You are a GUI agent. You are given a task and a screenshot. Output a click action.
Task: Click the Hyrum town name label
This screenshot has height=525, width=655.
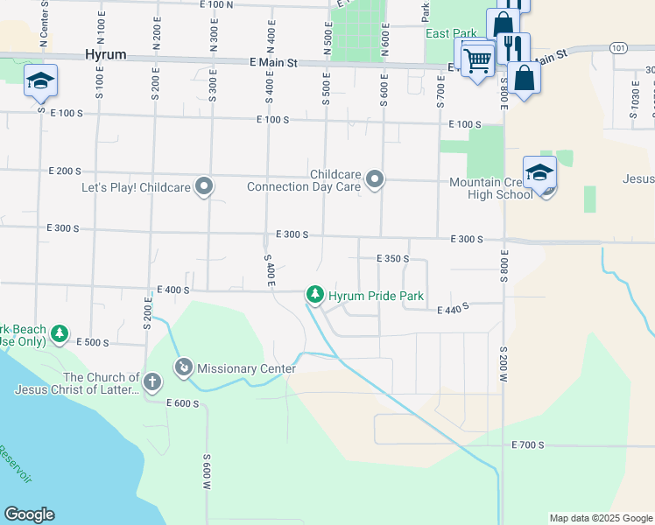point(106,54)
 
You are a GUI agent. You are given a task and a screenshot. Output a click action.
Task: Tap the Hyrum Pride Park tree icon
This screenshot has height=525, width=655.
point(314,296)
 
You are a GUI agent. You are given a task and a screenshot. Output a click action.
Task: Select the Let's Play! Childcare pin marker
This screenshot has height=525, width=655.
point(205,185)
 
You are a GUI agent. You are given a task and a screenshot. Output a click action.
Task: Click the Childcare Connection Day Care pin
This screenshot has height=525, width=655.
point(375,179)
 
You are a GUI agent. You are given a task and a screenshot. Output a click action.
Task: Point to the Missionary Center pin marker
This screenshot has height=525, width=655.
point(184,367)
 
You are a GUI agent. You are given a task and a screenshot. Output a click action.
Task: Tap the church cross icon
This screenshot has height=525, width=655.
point(152,381)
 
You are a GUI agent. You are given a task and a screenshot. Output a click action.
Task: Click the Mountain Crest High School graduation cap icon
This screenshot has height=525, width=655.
point(540,172)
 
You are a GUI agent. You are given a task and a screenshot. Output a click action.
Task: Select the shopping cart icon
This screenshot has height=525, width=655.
point(477,59)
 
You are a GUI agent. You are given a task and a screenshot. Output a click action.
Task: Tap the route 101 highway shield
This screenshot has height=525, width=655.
point(619,47)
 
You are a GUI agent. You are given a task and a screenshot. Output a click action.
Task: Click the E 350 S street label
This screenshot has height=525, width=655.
point(393,259)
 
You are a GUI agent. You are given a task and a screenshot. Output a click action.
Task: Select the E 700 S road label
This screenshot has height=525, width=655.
point(528,445)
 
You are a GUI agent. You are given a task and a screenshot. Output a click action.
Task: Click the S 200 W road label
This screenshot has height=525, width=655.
point(504,366)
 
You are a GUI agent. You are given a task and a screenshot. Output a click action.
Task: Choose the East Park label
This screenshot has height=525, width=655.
point(451,34)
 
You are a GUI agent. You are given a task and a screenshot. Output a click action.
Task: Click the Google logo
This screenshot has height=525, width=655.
point(29,514)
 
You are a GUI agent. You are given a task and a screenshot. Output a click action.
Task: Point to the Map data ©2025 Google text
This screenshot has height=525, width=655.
point(600,518)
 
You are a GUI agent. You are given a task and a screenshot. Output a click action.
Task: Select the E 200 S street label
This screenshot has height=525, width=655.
point(65,171)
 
